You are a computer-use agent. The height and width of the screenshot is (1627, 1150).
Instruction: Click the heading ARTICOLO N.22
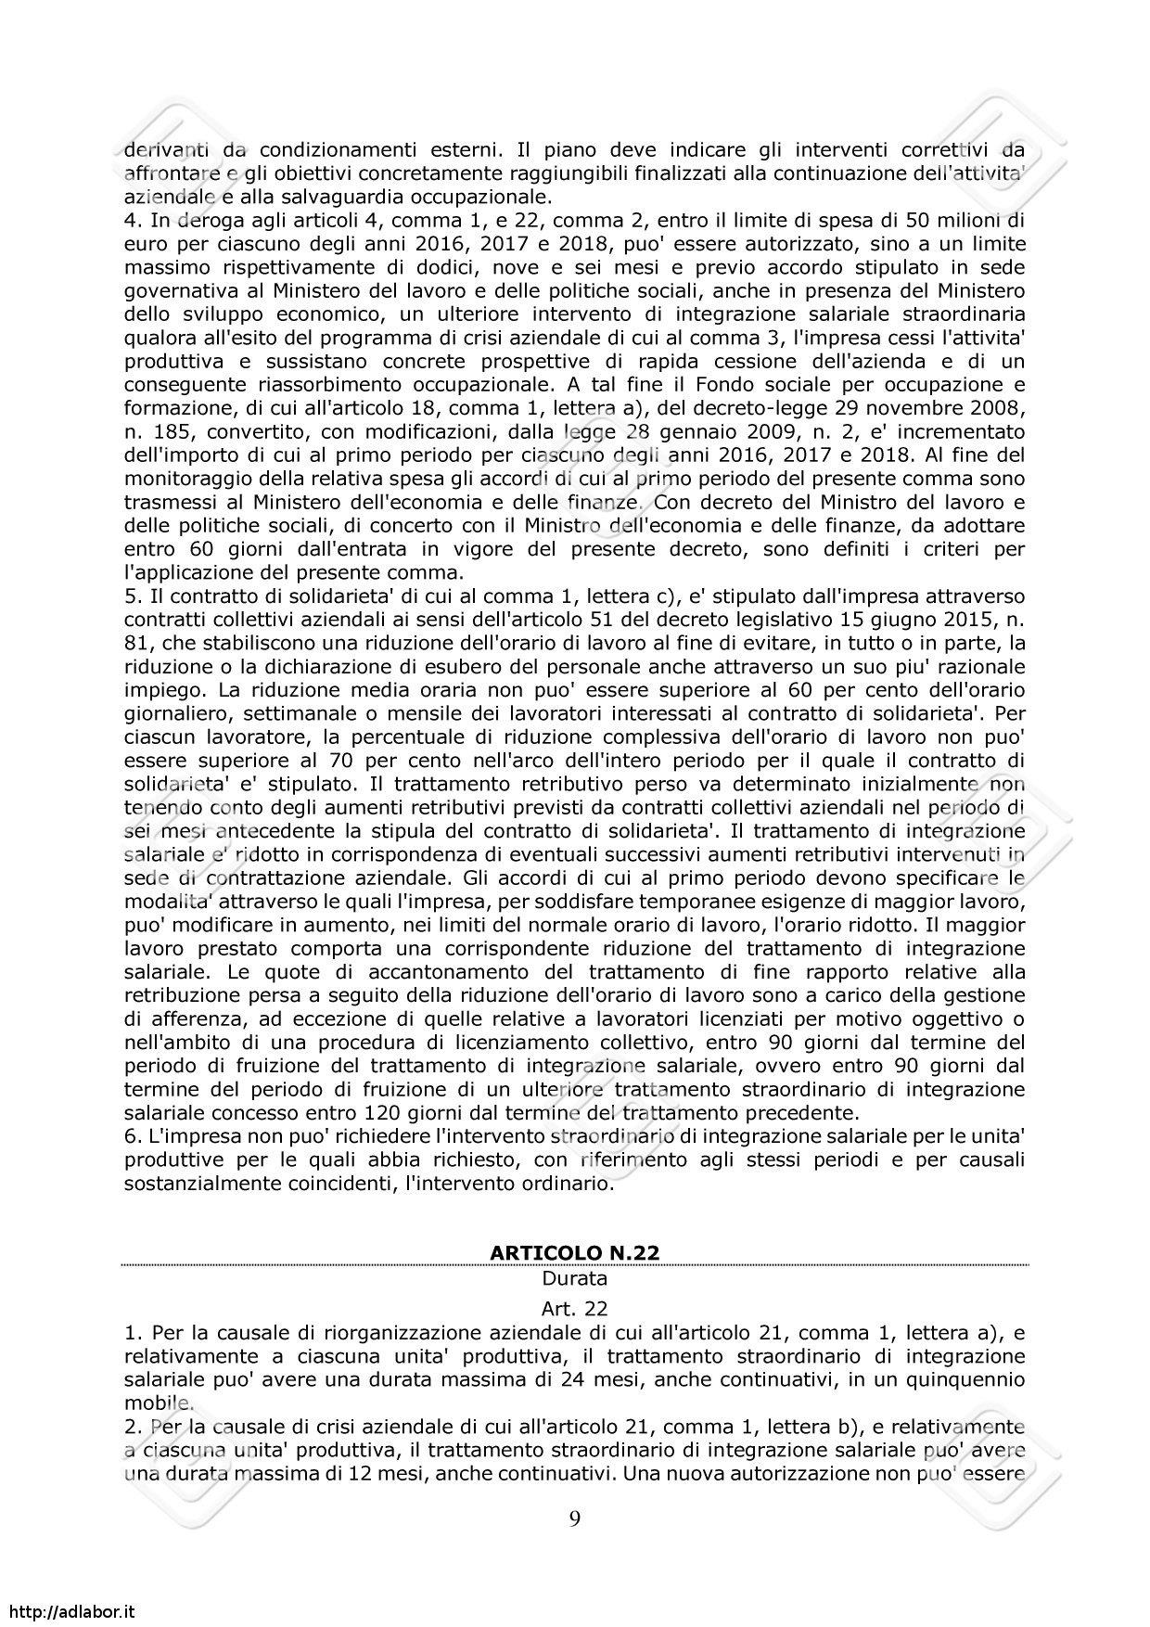[x=574, y=1252]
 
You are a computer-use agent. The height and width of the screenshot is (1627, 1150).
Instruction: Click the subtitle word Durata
[x=574, y=1278]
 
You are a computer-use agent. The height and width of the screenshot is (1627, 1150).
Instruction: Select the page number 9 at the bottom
[x=575, y=1518]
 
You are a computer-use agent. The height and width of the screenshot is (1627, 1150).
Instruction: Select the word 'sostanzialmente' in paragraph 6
[x=190, y=1184]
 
